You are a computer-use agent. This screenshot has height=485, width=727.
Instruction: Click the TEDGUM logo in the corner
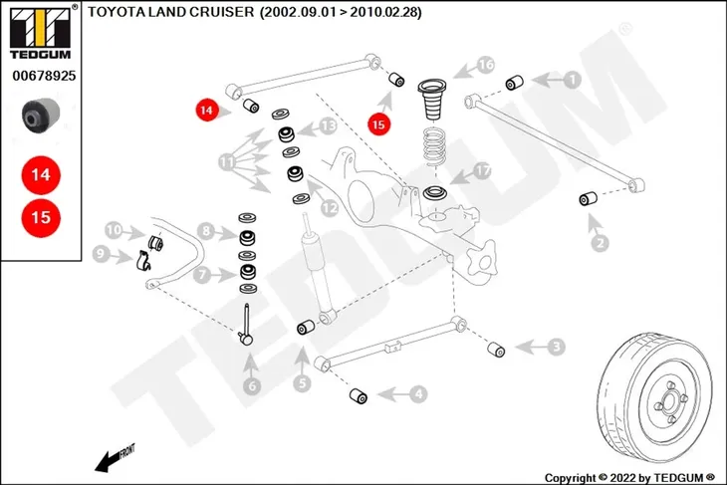click(41, 32)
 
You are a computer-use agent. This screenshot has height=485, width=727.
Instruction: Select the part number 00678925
click(44, 76)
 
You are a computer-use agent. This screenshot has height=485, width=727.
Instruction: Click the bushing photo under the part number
click(41, 115)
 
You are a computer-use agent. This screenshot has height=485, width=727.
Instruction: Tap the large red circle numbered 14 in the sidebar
click(41, 175)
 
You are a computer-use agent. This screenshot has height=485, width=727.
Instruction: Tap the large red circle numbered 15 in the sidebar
click(41, 217)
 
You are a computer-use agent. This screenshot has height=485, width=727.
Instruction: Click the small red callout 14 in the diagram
click(207, 110)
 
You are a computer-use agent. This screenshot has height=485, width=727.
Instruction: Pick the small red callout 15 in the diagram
click(378, 124)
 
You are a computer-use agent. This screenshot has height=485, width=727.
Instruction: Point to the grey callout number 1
click(573, 80)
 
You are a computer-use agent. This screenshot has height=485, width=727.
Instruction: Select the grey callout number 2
click(600, 243)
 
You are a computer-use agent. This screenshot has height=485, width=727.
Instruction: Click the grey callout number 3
click(557, 347)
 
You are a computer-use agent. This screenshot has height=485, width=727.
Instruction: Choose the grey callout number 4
click(418, 394)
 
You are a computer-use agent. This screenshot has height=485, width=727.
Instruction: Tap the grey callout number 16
click(486, 64)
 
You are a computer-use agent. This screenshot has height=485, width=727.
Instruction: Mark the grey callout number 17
click(483, 170)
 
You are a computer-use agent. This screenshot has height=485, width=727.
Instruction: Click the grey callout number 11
click(227, 162)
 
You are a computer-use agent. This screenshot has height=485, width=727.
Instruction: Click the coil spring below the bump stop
click(435, 146)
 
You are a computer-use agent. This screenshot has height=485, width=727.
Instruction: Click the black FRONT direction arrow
click(115, 459)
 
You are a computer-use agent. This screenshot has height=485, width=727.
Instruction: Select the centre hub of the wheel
click(670, 401)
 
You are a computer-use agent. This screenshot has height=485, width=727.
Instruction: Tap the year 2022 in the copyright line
click(622, 478)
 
